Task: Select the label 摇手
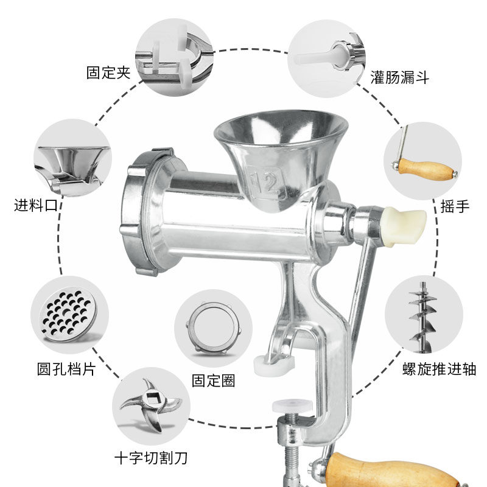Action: pos(455,207)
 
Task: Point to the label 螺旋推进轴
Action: pos(439,369)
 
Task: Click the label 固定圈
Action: pos(213,381)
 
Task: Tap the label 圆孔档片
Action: pos(66,369)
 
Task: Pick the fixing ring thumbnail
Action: pos(213,329)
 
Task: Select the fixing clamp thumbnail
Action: pos(174,57)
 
